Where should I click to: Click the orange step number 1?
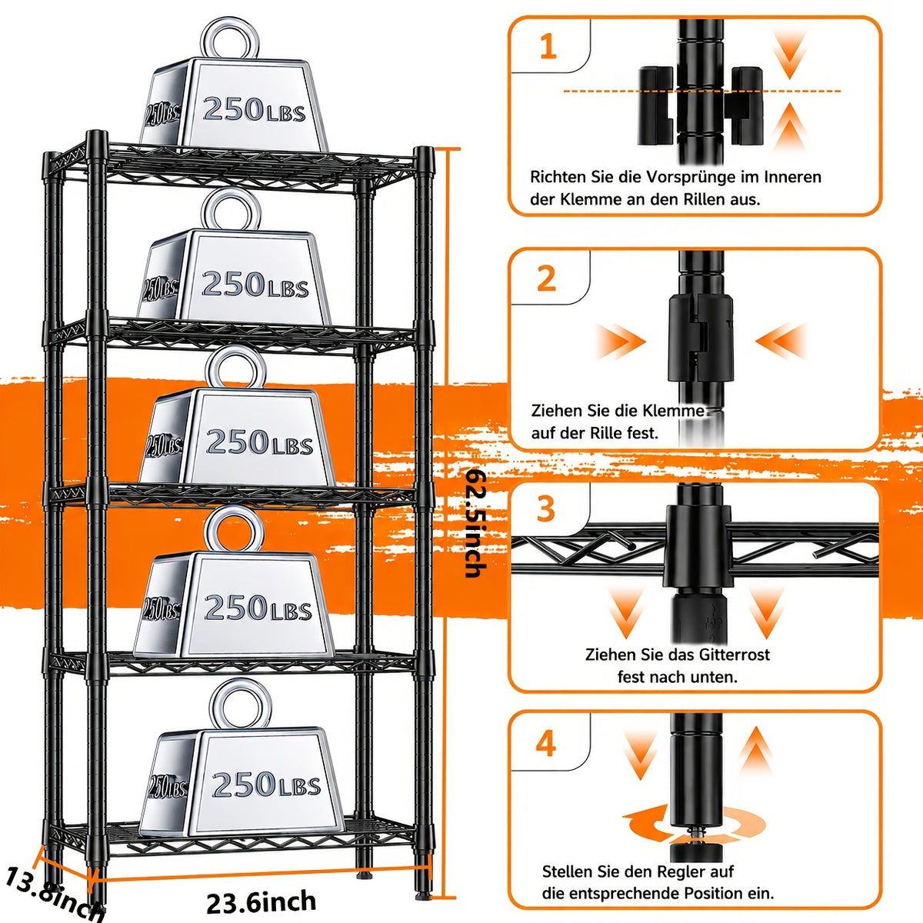coord(548,47)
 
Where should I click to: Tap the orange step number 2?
coord(547,278)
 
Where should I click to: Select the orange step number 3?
coord(546,508)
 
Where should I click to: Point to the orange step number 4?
coord(546,743)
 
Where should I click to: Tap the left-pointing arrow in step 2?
coord(781,341)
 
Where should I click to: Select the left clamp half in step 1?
coord(657,106)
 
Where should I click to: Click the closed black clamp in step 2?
coord(701,338)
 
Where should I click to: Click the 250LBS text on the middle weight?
coord(259,442)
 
